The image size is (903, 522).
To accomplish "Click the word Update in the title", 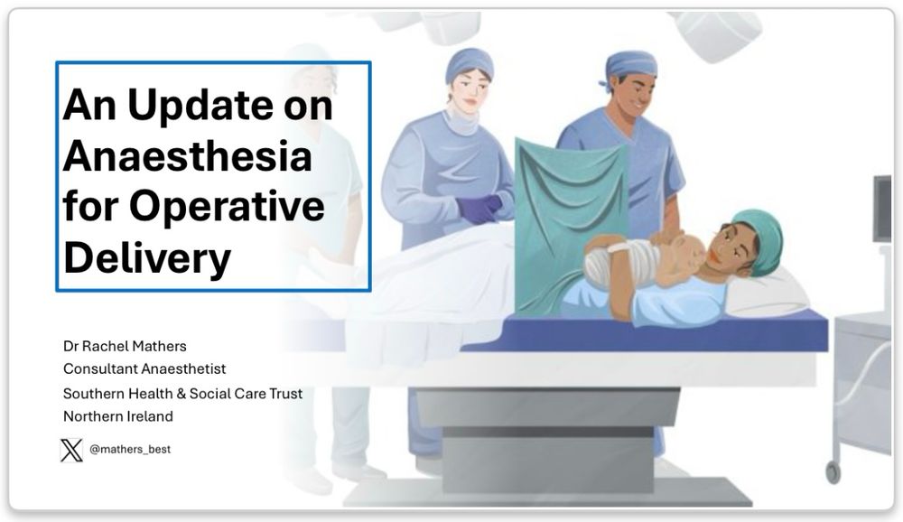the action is (200, 106).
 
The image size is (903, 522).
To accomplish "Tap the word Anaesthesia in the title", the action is (188, 156).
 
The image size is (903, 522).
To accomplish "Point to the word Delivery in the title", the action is (147, 258).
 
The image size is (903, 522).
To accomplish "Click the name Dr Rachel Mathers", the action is (125, 346).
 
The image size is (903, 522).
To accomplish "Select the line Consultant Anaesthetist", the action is (144, 368).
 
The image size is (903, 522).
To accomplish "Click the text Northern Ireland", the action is (118, 416).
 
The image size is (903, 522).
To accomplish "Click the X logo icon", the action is (71, 450).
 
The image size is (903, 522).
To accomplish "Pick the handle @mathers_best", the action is (130, 450).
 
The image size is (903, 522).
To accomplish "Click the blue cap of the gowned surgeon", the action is (470, 64).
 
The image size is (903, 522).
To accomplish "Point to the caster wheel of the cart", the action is (833, 471).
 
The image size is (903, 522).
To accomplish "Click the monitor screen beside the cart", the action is (882, 209).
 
